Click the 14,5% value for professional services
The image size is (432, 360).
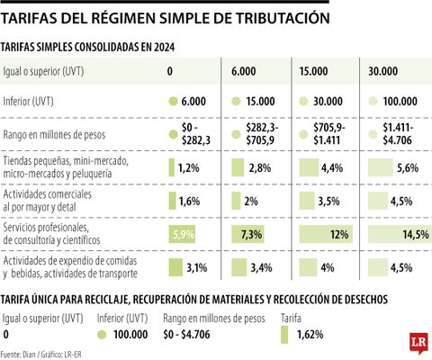tap(416, 234)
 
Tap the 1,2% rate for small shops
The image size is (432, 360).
tap(188, 168)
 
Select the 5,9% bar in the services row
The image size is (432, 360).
tap(182, 234)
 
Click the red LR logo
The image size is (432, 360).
tap(418, 343)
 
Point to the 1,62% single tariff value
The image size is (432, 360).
tap(310, 335)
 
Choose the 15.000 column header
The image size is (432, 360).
tap(313, 71)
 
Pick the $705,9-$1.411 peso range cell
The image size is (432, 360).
tap(329, 134)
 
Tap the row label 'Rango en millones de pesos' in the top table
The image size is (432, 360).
tap(54, 135)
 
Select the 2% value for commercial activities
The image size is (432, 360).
tap(251, 201)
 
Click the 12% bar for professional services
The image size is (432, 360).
tap(326, 234)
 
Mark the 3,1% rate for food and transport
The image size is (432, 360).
tap(197, 267)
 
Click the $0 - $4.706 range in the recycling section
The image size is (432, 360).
tap(186, 335)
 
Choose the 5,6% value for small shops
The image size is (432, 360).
tap(408, 168)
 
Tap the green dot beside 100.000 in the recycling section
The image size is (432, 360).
tap(102, 335)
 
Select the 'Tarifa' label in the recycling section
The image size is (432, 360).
tap(291, 319)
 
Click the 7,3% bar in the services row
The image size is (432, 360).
tap(247, 234)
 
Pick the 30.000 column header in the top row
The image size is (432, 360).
tap(382, 71)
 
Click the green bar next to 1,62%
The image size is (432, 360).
tap(284, 335)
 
